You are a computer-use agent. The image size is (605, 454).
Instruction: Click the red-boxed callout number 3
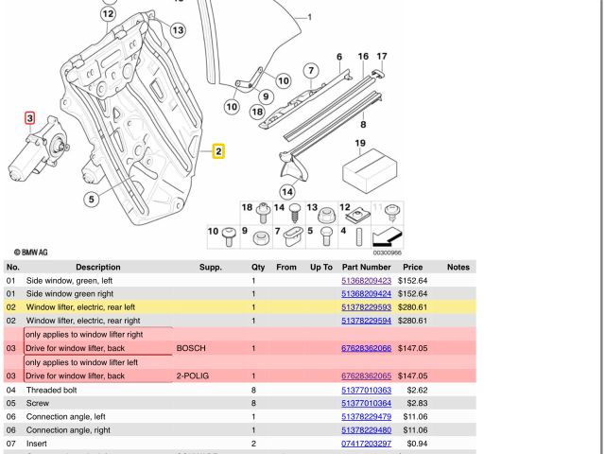pos(30,119)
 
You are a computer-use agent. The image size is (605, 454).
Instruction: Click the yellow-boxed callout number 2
pos(218,150)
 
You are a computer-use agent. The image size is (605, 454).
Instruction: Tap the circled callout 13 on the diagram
pos(178,31)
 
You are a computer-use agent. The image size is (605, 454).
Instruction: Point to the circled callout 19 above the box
pos(359,145)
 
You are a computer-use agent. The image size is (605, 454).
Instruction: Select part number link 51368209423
pos(366,281)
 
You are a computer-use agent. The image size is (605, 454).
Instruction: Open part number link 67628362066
pos(366,348)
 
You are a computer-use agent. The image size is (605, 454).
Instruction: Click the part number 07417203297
pos(366,443)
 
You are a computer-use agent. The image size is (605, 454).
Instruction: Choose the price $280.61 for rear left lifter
pos(412,307)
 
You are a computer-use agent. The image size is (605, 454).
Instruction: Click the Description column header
pos(98,268)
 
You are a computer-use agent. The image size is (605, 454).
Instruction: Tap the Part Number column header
pos(366,268)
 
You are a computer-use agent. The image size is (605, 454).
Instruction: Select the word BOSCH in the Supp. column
pos(190,348)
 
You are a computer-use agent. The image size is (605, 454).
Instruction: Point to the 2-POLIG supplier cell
pos(192,375)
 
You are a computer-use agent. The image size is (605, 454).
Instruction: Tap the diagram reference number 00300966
pos(385,253)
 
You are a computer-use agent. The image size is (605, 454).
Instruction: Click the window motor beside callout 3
pos(39,157)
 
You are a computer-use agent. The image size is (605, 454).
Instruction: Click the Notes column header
pos(458,268)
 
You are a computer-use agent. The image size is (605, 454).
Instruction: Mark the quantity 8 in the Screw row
pos(253,403)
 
